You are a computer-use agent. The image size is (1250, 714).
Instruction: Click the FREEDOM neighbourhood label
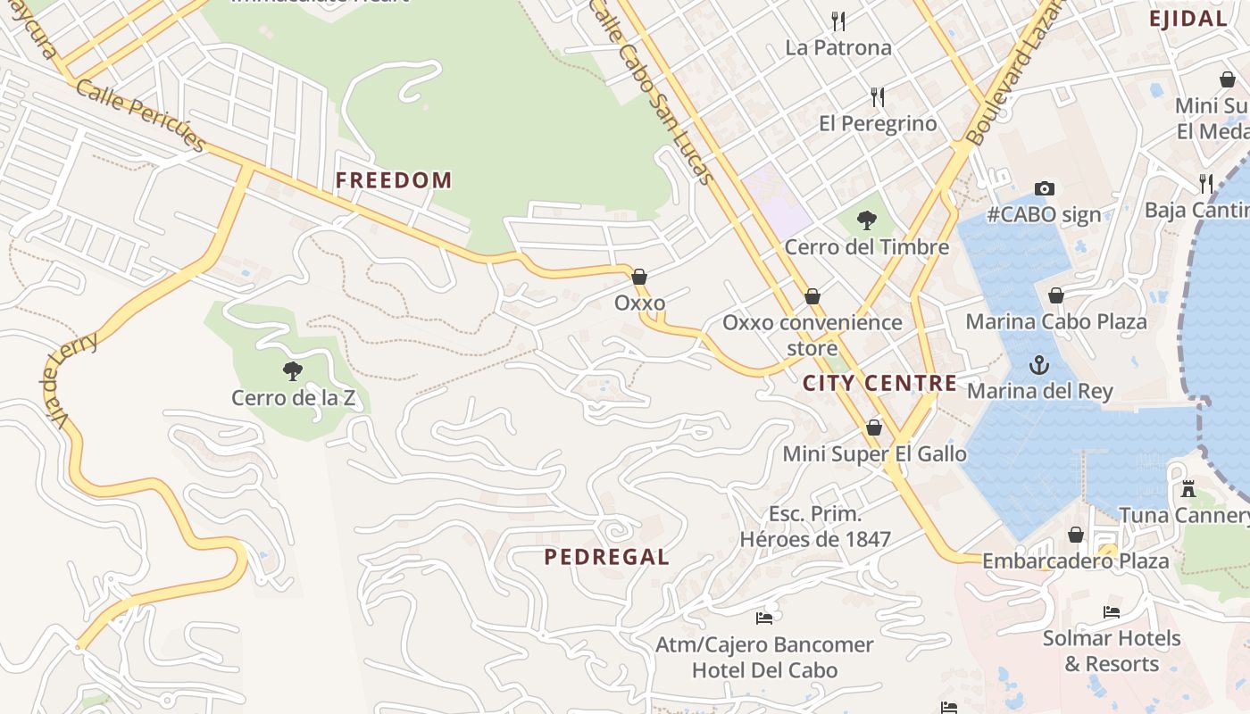pos(394,180)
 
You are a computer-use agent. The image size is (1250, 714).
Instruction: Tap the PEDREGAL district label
pos(606,557)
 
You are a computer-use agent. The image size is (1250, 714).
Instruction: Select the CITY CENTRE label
pos(879,384)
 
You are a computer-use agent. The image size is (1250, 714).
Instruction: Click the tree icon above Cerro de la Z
pos(292,370)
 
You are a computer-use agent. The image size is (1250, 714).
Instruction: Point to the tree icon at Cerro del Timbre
pos(866,220)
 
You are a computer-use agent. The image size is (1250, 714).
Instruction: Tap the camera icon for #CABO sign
pos(1045,188)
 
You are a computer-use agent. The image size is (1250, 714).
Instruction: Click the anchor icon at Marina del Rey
pos(1039,365)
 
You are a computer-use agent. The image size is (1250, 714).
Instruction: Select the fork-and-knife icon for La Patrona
pos(838,21)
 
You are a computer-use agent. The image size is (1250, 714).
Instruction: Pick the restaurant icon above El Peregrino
pos(878,96)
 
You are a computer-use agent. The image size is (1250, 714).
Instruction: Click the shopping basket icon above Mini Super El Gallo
pos(874,428)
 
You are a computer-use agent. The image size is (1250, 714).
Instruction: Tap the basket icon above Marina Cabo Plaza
pos(1056,295)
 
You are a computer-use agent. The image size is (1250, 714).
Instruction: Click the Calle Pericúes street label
pos(141,114)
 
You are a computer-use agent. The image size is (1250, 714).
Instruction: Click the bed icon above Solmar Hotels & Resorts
pos(1112,612)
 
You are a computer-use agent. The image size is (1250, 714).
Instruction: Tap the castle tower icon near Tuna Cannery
pos(1188,489)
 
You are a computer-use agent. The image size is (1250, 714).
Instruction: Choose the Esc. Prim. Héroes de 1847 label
pos(815,527)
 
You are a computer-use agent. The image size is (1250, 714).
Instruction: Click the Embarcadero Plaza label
pos(1075,560)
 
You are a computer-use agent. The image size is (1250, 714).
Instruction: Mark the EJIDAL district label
pos(1187,19)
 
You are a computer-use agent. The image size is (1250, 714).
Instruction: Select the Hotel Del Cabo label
pos(764,670)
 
